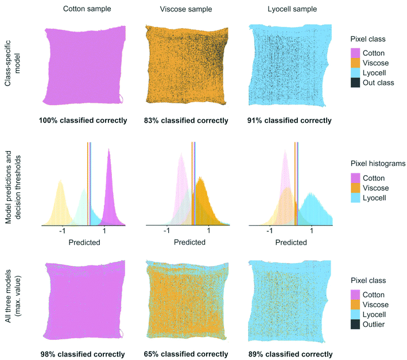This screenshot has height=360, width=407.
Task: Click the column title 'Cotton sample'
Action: pyautogui.click(x=84, y=9)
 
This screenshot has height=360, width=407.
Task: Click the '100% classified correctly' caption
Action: pyautogui.click(x=84, y=121)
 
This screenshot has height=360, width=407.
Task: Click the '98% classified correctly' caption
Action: pyautogui.click(x=84, y=354)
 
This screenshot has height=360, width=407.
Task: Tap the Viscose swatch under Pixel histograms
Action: pyautogui.click(x=356, y=188)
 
